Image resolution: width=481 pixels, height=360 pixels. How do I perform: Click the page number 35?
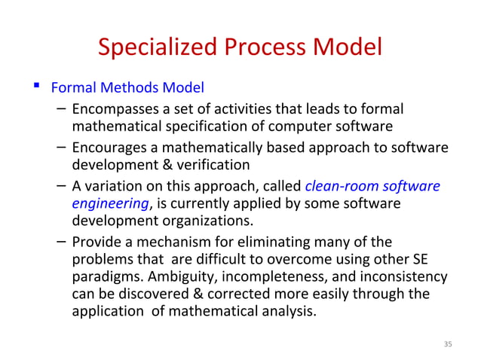tap(447, 344)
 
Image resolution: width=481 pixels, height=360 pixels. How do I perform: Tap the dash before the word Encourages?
tap(61, 148)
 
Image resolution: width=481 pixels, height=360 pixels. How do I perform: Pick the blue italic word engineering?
tap(110, 203)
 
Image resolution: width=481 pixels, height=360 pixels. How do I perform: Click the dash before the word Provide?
tap(61, 242)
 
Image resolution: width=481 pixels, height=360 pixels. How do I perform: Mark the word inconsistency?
tap(408, 276)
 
